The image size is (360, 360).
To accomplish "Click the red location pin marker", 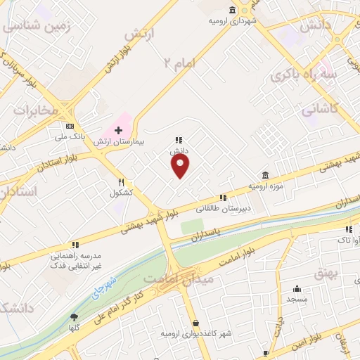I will coord(181,166).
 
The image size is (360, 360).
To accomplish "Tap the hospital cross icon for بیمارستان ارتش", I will coord(118,130).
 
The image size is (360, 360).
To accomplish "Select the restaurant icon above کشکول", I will coord(121,181).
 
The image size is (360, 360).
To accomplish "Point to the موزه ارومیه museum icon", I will coord(264,174).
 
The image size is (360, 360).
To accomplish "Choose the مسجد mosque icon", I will coord(297,288).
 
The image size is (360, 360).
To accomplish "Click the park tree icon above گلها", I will coord(74,317).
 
